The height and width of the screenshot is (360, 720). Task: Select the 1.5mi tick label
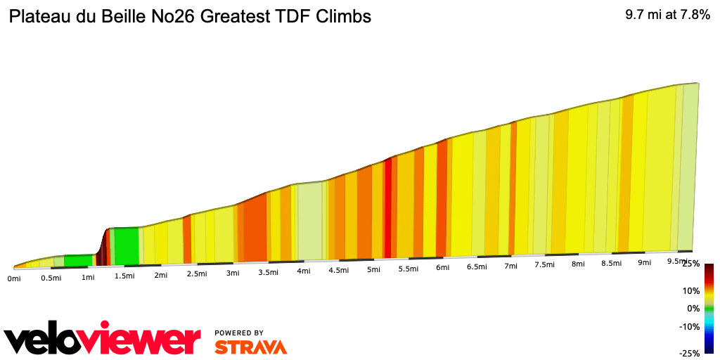click(x=124, y=276)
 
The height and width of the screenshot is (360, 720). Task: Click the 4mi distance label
click(x=304, y=271)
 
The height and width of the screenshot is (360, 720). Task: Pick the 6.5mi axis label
click(x=477, y=266)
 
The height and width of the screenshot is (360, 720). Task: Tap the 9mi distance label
click(x=644, y=262)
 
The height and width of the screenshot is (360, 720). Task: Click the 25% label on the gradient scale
click(x=690, y=264)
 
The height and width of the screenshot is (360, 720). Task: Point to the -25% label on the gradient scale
click(x=689, y=353)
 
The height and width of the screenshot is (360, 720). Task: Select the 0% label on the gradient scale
click(x=693, y=308)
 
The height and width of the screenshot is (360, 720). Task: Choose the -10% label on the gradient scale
click(x=689, y=326)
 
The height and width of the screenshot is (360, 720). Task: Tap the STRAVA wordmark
click(x=250, y=347)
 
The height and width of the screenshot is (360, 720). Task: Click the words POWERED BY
click(x=239, y=333)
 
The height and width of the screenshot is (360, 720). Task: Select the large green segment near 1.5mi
click(x=126, y=245)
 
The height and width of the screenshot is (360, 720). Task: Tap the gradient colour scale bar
click(x=709, y=308)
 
